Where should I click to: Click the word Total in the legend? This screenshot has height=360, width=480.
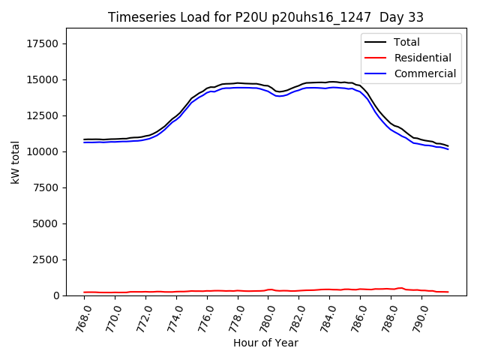[406, 43]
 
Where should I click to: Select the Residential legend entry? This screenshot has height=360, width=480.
[422, 58]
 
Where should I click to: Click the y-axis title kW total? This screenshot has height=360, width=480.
[15, 162]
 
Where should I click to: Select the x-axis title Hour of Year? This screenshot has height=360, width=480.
[265, 343]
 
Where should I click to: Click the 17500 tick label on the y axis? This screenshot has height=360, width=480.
[42, 43]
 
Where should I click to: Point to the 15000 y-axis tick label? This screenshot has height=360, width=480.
[42, 79]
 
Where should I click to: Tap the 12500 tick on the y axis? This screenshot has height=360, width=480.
[42, 115]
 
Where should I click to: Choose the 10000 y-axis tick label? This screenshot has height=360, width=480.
[42, 151]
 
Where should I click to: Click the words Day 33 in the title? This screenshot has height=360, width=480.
[404, 17]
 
